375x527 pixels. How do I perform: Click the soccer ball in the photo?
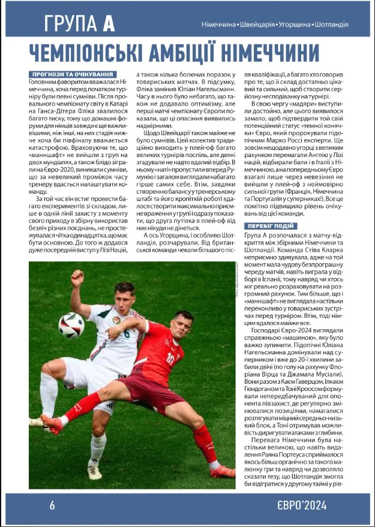[x=71, y=325]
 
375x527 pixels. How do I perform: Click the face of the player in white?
[x=125, y=300]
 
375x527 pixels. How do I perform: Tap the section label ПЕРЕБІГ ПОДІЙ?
[x=270, y=226]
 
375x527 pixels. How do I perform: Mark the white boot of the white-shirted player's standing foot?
[x=94, y=471]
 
